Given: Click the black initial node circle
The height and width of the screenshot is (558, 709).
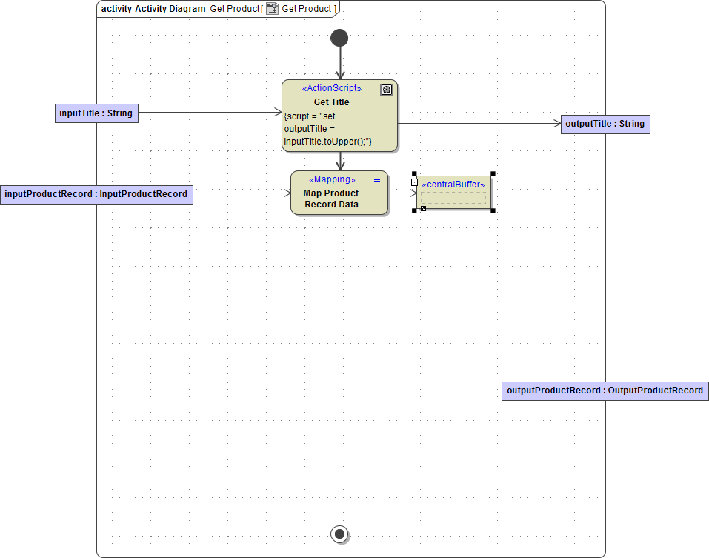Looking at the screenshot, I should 339,38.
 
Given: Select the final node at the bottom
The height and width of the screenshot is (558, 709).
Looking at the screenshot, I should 339,534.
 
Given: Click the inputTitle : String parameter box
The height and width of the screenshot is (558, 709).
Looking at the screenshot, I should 96,113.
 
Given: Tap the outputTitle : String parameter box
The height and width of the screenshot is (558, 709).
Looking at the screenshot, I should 605,124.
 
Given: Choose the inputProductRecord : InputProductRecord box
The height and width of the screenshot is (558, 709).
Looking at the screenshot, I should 96,194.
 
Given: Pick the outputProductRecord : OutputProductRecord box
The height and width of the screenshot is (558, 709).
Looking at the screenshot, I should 605,391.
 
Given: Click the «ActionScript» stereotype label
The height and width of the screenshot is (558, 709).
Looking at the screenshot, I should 332,88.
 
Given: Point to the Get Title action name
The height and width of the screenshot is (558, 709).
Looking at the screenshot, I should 331,102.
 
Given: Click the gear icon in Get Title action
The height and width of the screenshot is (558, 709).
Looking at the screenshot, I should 386,90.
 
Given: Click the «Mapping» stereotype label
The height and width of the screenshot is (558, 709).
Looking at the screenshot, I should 331,179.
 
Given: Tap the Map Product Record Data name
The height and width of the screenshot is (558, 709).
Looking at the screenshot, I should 331,199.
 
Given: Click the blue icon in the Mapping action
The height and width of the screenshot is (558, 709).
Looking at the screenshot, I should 377,180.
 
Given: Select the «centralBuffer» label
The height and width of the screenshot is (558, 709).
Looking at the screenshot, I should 453,185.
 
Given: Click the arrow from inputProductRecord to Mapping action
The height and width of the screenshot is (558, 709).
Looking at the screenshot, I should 242,193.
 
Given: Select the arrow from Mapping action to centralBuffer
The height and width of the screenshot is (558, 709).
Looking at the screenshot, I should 400,193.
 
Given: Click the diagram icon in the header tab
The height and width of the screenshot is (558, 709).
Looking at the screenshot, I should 273,8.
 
